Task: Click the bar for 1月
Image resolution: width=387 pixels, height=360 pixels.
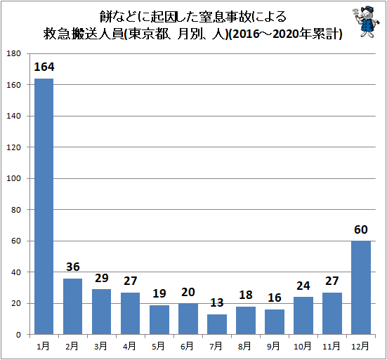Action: click(44, 206)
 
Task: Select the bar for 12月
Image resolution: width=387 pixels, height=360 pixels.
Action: click(360, 288)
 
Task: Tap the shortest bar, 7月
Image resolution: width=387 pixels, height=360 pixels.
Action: click(216, 324)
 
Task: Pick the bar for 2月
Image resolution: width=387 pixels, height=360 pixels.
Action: click(72, 306)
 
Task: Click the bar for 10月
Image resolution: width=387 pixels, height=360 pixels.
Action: click(303, 316)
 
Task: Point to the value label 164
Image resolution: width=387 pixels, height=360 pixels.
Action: click(44, 67)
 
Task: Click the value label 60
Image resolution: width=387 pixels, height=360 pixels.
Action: click(360, 229)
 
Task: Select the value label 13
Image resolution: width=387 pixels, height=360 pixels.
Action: click(216, 303)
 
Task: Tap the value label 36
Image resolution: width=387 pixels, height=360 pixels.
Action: click(72, 267)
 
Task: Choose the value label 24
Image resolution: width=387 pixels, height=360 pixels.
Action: click(303, 286)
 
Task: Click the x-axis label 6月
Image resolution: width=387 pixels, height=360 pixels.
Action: click(188, 346)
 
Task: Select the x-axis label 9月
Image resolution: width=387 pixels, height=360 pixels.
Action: click(274, 346)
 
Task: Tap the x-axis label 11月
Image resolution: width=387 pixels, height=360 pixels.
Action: click(332, 346)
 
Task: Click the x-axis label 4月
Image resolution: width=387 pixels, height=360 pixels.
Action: click(130, 346)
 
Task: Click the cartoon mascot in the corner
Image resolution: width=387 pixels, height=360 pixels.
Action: click(363, 23)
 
